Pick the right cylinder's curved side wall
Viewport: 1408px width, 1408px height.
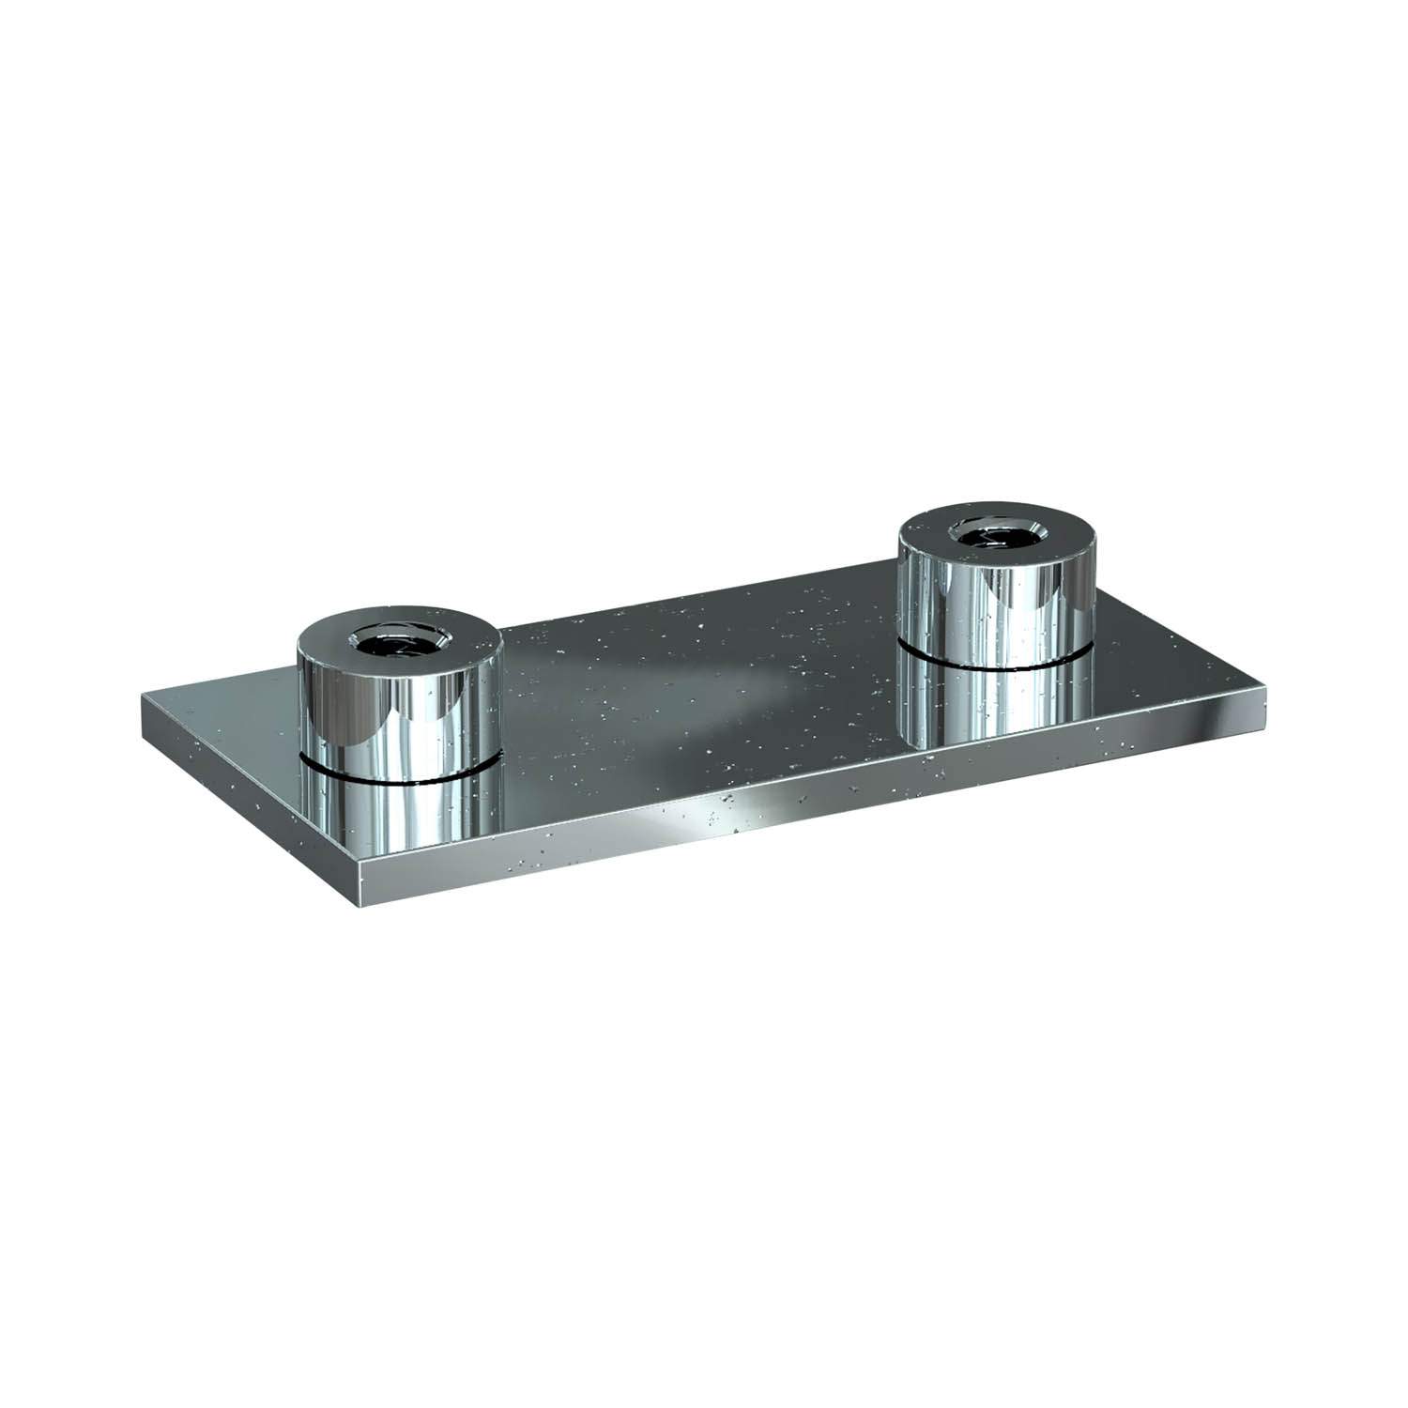1000,601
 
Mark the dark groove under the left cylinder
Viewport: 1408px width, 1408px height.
399,777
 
